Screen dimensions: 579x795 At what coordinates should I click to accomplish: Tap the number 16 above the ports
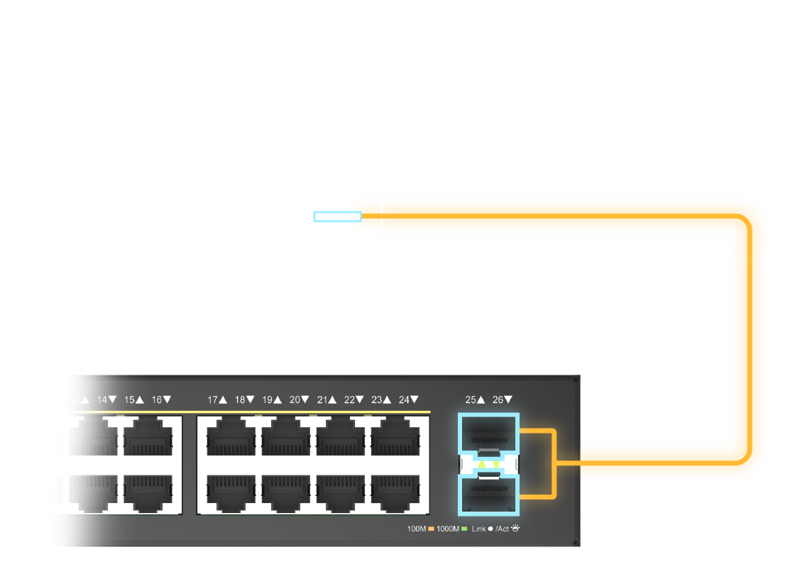pos(157,400)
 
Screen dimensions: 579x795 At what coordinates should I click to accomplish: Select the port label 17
pos(212,400)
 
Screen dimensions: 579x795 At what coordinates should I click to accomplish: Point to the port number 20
pos(295,400)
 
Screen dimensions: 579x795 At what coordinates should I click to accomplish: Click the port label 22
pos(349,400)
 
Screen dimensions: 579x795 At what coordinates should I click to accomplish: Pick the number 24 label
pos(404,400)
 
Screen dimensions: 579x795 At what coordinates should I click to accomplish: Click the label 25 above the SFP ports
pos(471,400)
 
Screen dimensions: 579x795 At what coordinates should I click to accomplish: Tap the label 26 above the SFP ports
pos(498,400)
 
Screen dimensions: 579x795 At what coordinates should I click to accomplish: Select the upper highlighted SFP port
pos(489,432)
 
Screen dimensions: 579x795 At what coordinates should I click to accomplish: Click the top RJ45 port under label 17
pos(231,436)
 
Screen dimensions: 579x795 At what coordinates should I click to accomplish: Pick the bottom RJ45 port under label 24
pos(395,492)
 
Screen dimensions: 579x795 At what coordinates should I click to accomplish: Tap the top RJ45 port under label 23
pos(395,436)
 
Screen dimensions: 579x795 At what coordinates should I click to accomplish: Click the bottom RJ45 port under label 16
pos(148,492)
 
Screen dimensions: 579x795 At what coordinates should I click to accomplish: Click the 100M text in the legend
pos(416,529)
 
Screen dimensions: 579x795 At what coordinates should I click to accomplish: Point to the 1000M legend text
pos(447,529)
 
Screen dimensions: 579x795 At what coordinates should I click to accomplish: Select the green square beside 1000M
pos(464,529)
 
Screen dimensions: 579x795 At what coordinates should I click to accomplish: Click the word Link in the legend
pos(478,529)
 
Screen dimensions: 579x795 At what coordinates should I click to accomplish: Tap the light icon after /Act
pos(515,529)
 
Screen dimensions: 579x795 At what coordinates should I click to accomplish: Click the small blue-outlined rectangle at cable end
pos(337,216)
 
